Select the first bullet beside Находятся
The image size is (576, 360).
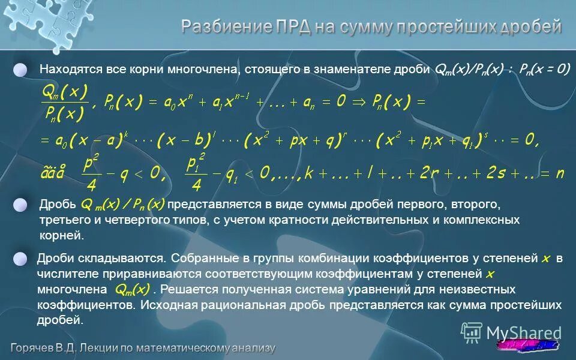[x=21, y=70]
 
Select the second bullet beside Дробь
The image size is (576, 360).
[x=21, y=205]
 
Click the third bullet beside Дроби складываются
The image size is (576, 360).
[x=21, y=259]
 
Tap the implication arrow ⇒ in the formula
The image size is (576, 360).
[x=361, y=103]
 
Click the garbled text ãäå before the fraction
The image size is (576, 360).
[x=52, y=173]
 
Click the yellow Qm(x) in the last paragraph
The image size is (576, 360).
[x=131, y=290]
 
